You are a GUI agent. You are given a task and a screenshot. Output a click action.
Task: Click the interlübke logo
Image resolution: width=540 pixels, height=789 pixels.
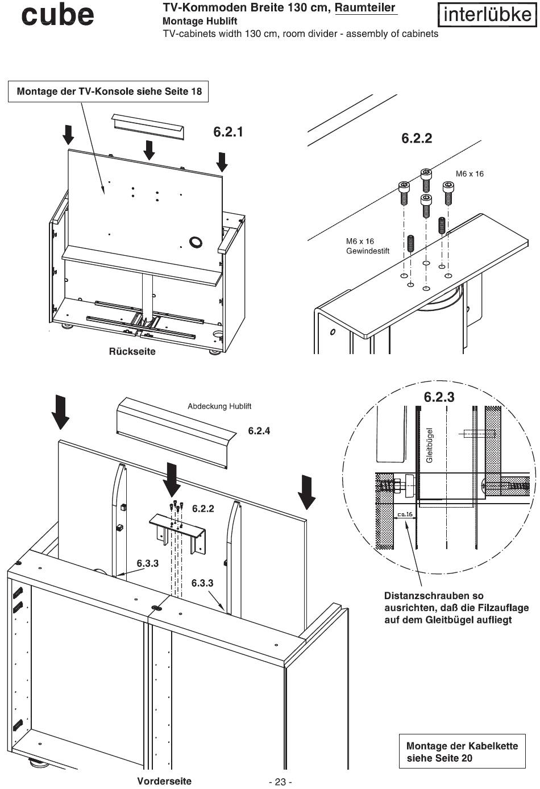point(487,14)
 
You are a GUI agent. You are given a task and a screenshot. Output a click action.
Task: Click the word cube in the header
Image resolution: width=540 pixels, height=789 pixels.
point(57,15)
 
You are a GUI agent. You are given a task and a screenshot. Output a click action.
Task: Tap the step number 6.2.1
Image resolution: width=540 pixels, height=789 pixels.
point(228,132)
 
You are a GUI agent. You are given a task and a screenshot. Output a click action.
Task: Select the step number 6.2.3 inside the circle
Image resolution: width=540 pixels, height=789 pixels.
point(439,397)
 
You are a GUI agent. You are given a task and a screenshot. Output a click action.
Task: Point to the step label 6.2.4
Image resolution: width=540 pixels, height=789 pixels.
point(259,431)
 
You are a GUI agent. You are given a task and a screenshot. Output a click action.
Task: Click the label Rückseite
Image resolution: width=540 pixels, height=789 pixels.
point(132,351)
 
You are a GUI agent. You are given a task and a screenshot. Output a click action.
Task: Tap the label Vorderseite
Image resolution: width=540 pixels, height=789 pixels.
point(164,781)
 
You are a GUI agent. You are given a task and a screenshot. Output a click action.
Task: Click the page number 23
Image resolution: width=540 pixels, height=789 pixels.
point(280,782)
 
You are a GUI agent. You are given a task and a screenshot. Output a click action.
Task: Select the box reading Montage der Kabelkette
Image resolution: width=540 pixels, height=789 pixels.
point(462,751)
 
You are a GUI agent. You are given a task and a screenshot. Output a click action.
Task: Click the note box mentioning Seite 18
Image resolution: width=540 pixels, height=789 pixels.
point(109,91)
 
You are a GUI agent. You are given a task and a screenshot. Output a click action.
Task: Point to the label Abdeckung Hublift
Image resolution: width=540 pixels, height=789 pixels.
point(219,406)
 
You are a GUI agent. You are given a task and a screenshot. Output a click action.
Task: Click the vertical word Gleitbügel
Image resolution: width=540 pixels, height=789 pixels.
point(430,445)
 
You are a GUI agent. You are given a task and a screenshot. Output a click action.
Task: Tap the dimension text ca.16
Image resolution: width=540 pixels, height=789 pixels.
point(405,514)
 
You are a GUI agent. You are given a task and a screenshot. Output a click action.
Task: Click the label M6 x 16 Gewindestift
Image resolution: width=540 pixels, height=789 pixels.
point(367,246)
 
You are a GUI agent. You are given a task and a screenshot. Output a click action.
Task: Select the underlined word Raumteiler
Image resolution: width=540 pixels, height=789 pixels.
point(365,8)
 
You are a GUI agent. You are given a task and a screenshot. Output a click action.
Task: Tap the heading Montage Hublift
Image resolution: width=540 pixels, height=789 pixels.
point(200,21)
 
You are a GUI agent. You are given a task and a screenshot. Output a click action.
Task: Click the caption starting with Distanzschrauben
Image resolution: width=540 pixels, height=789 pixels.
point(456,608)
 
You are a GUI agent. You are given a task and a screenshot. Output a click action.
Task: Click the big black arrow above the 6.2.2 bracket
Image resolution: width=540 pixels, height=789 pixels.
point(172,478)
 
